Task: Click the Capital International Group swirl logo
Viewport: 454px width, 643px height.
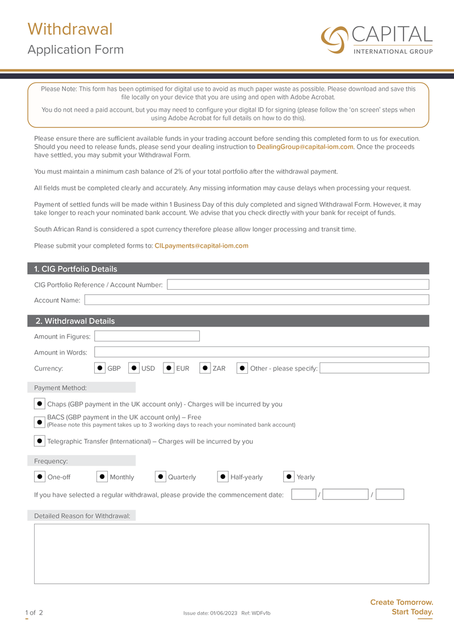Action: click(334, 39)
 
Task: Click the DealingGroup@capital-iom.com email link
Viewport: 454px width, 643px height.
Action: click(305, 147)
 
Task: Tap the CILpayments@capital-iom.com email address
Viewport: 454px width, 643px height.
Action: click(201, 246)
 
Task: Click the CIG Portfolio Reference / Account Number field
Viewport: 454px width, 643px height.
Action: click(297, 285)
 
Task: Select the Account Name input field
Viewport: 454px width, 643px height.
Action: click(257, 300)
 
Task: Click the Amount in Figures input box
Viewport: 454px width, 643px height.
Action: click(147, 336)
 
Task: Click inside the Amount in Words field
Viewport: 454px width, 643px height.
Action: click(261, 352)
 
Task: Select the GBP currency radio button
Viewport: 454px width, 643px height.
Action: click(100, 368)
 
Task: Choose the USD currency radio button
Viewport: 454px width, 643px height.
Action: click(134, 368)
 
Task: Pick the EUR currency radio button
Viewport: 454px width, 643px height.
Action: click(169, 368)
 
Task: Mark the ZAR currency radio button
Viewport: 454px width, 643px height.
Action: click(205, 368)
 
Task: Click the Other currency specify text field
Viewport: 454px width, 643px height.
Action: click(374, 368)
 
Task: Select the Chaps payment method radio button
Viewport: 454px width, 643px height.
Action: click(40, 404)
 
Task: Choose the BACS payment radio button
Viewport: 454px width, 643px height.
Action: click(40, 422)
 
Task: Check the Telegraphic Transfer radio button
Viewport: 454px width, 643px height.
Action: click(40, 441)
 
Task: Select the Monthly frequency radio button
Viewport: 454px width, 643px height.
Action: click(102, 477)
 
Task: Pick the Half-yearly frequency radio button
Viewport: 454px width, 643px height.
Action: click(223, 477)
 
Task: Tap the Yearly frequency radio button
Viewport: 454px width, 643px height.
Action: click(289, 477)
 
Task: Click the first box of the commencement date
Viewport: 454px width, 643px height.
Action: click(304, 495)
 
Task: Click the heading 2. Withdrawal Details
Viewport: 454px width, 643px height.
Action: click(75, 321)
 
